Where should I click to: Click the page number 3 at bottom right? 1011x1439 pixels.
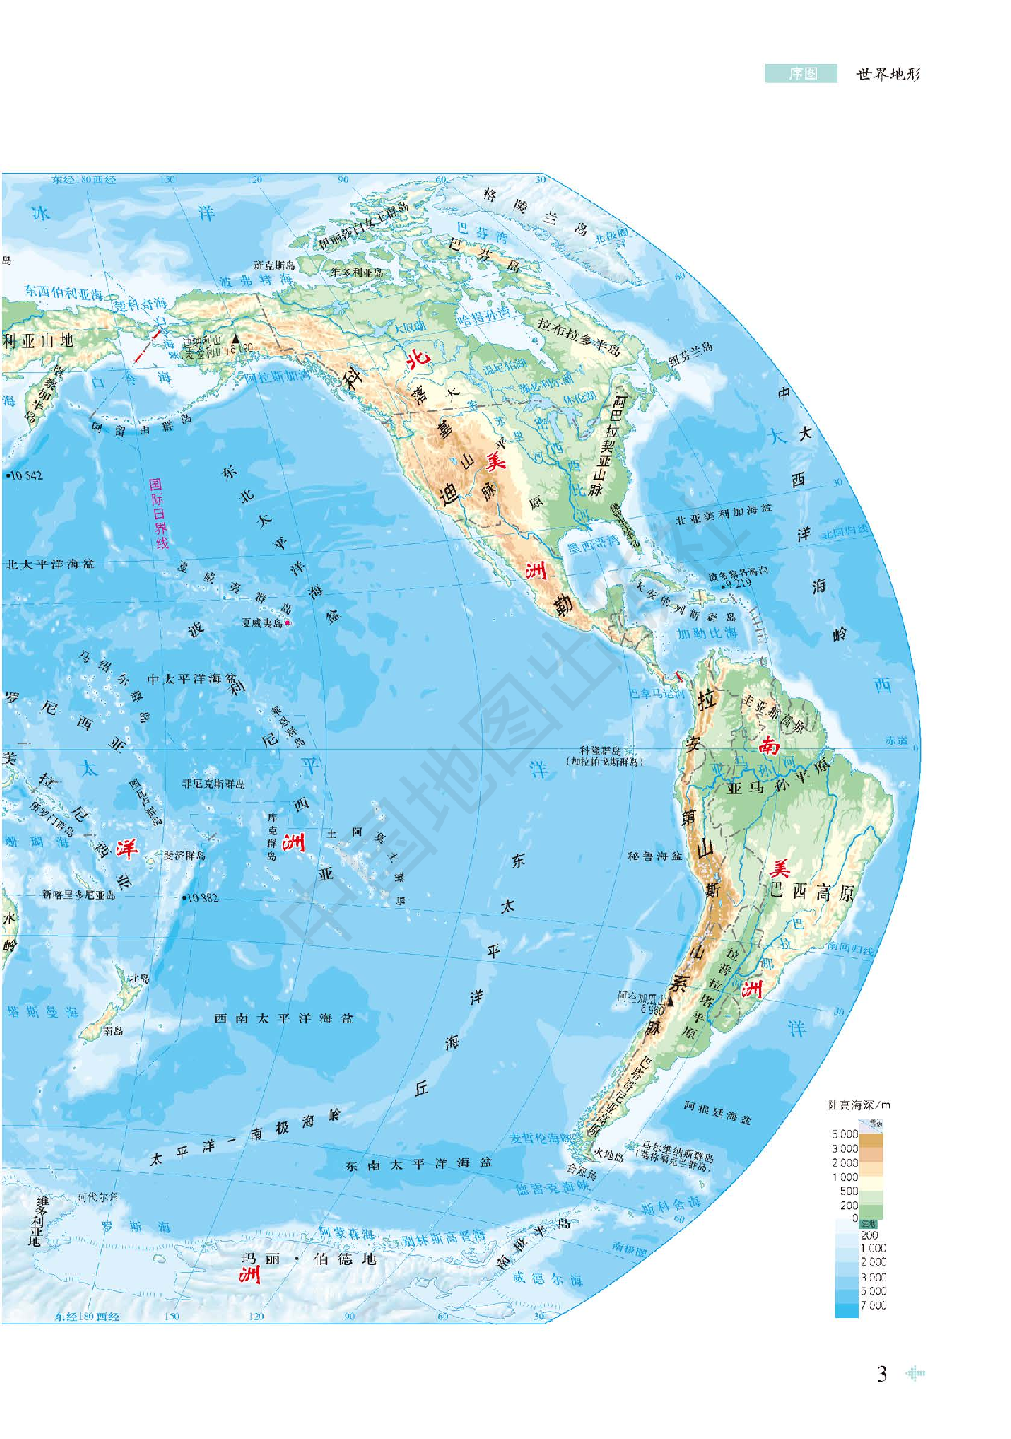[882, 1374]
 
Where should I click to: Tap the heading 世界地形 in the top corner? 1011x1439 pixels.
[888, 74]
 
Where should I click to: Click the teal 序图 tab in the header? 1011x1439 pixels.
[801, 74]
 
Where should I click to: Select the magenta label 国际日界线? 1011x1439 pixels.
[159, 513]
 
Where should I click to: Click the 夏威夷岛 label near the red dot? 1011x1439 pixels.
[262, 623]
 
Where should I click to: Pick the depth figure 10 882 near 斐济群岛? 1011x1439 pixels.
[201, 897]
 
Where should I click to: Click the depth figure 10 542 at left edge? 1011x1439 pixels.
[25, 476]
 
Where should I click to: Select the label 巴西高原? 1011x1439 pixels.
[812, 892]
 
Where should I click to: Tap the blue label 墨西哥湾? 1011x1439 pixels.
[594, 545]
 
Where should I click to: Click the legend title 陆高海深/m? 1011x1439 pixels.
[859, 1105]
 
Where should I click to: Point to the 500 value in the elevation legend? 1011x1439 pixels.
[849, 1191]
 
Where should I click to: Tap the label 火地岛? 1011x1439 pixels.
[608, 1156]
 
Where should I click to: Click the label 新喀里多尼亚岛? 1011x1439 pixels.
[79, 894]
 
